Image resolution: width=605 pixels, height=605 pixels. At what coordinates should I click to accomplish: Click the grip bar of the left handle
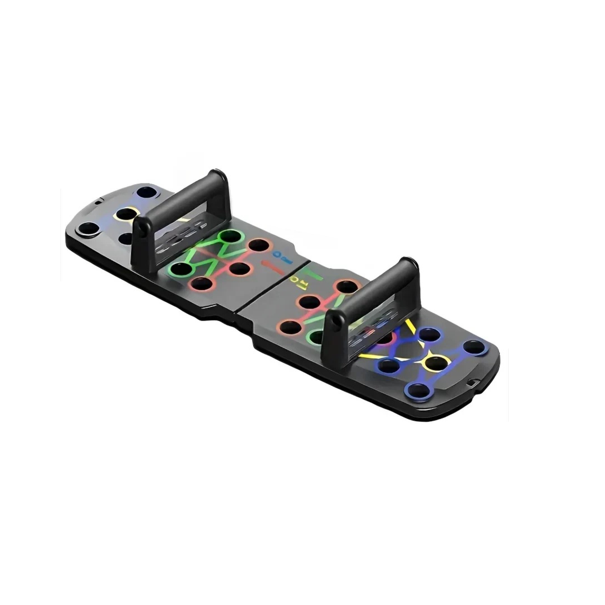click(x=182, y=201)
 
